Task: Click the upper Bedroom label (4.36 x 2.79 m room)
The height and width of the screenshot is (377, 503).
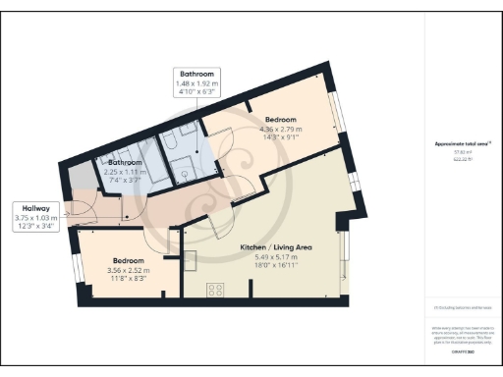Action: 280,120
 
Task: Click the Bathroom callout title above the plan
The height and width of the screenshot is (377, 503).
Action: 197,74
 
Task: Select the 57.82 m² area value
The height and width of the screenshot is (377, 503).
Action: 460,153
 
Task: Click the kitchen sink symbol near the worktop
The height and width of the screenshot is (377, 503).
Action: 190,258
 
